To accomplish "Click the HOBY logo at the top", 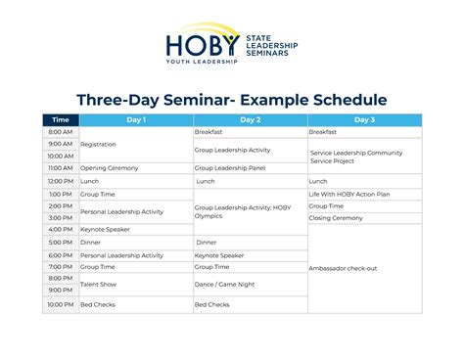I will pyautogui.click(x=231, y=45).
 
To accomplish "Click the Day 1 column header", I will pyautogui.click(x=136, y=119).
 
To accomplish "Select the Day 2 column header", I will pyautogui.click(x=251, y=119).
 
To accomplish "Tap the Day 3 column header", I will pyautogui.click(x=364, y=119).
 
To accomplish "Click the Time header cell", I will pyautogui.click(x=60, y=119).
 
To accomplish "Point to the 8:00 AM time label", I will pyautogui.click(x=60, y=131).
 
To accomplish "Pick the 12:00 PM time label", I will pyautogui.click(x=60, y=181).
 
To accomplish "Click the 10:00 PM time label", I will pyautogui.click(x=60, y=304).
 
